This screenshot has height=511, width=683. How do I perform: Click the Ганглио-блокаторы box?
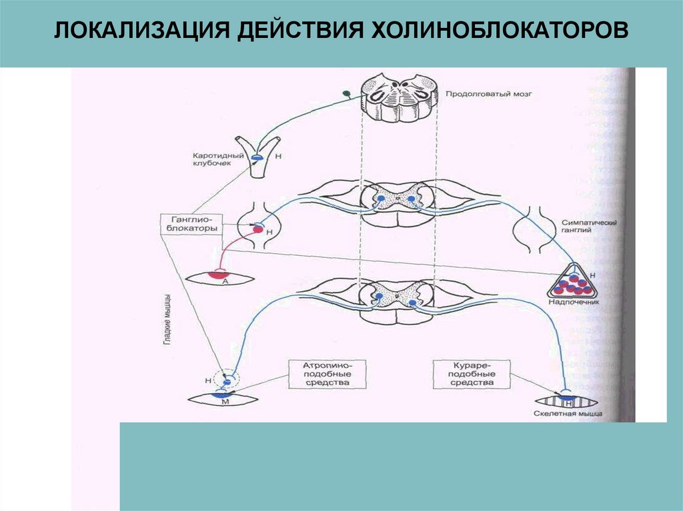[191, 223]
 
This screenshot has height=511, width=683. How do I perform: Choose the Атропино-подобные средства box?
[327, 374]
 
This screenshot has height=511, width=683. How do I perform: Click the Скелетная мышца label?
[568, 414]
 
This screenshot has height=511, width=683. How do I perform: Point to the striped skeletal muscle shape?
[569, 401]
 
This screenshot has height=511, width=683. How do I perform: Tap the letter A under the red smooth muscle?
[225, 282]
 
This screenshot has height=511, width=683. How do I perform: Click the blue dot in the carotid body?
[255, 157]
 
